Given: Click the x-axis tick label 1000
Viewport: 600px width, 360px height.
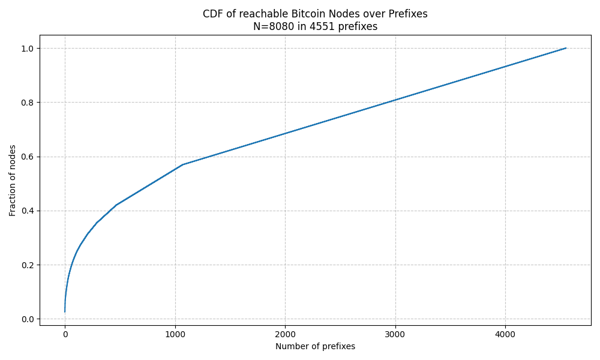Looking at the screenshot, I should pyautogui.click(x=175, y=335).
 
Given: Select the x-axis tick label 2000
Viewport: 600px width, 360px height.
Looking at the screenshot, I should pyautogui.click(x=285, y=335).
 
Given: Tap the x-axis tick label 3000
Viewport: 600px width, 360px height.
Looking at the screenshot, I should pyautogui.click(x=395, y=335).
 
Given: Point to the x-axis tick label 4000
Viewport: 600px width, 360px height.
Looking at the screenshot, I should pyautogui.click(x=505, y=335).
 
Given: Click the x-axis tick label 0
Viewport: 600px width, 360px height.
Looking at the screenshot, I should pyautogui.click(x=65, y=335).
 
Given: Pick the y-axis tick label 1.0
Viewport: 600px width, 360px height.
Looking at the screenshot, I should pyautogui.click(x=28, y=48).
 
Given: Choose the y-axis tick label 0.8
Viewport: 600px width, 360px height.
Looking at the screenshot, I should pyautogui.click(x=28, y=103).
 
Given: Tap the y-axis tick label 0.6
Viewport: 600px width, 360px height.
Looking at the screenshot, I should pyautogui.click(x=28, y=157).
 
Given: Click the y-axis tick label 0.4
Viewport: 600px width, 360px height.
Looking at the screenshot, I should pyautogui.click(x=28, y=211).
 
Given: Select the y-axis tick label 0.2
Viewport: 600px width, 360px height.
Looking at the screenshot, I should pyautogui.click(x=28, y=265).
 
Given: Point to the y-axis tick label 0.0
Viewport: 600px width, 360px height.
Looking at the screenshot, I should pyautogui.click(x=28, y=319).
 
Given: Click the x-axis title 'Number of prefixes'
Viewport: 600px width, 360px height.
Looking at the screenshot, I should pyautogui.click(x=315, y=346).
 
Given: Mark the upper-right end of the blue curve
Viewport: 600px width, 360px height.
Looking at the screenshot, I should pyautogui.click(x=566, y=48).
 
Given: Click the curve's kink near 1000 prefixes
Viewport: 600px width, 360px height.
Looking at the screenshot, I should pyautogui.click(x=182, y=164).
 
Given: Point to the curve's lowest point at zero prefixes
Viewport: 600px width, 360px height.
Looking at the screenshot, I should pyautogui.click(x=65, y=312).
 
